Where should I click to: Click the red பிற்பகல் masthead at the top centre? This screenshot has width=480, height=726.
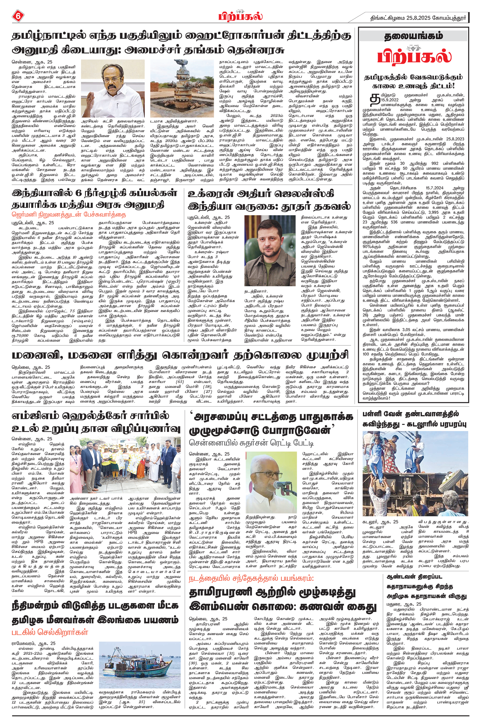pyautogui.click(x=240, y=16)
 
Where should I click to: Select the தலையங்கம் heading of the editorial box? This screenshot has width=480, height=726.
pyautogui.click(x=414, y=36)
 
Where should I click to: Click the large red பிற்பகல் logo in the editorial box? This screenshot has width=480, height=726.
pyautogui.click(x=414, y=57)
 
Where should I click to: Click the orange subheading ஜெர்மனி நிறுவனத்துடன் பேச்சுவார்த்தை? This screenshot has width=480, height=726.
pyautogui.click(x=69, y=214)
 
